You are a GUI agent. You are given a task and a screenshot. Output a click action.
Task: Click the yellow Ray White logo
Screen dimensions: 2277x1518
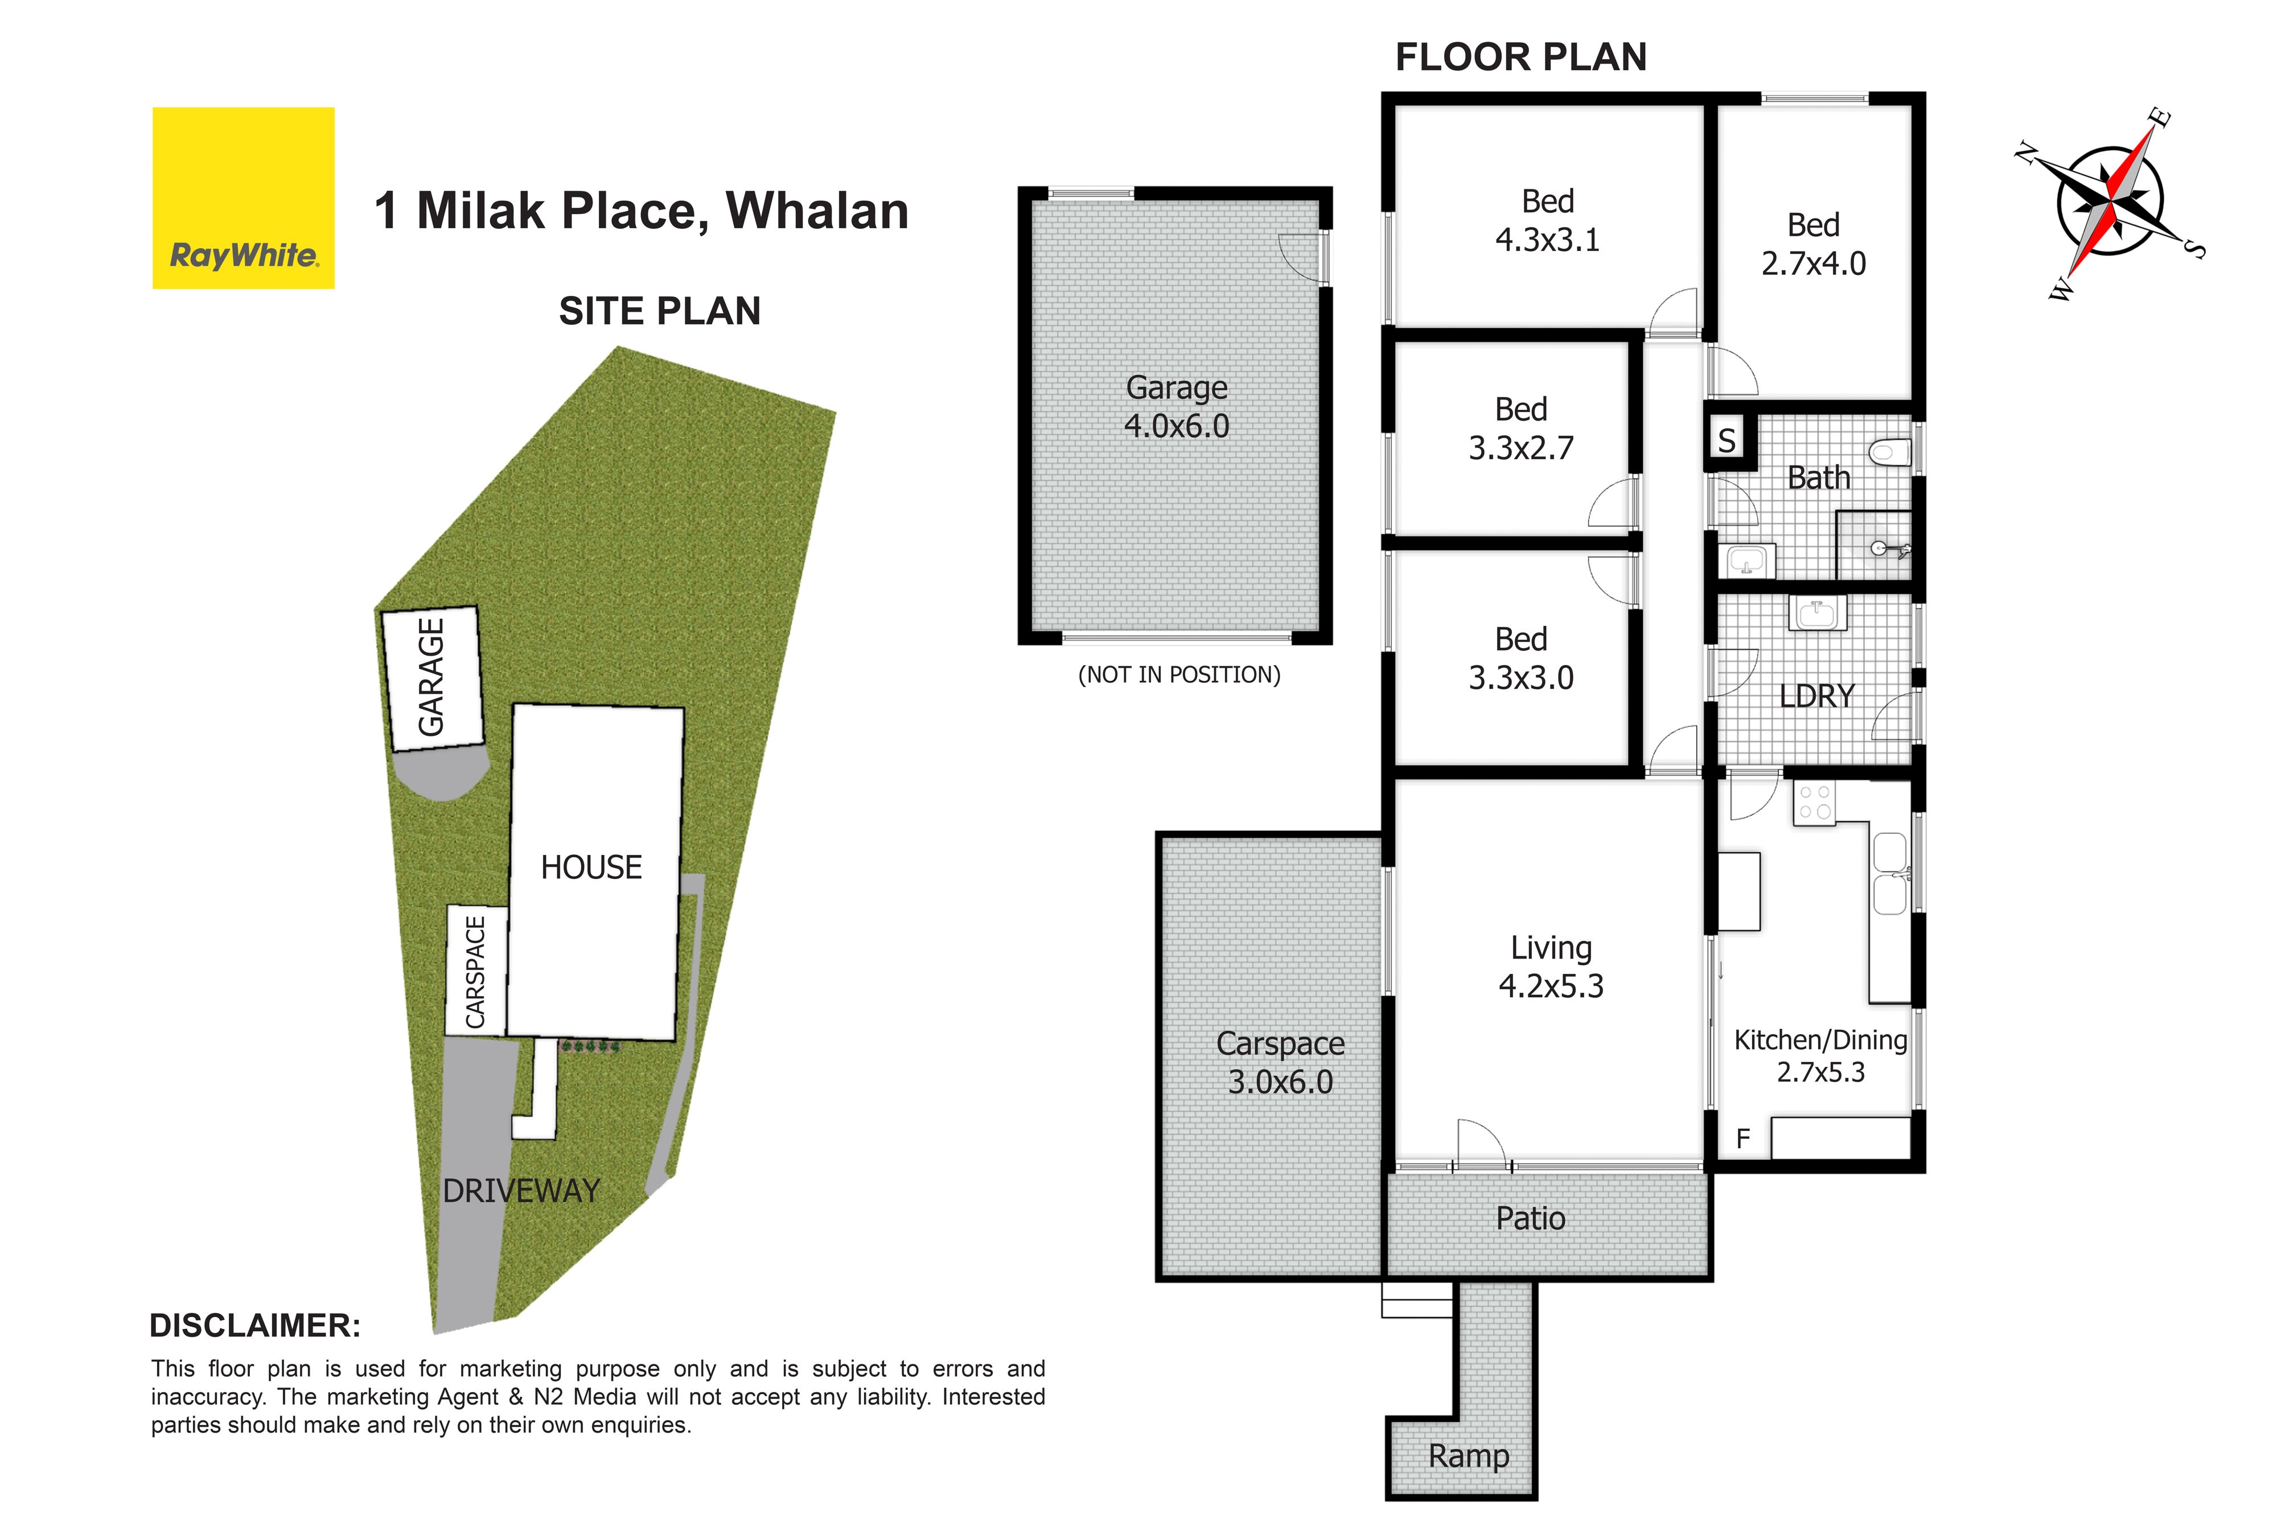pyautogui.click(x=243, y=198)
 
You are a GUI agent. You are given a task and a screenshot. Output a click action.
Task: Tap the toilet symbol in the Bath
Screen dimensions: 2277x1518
pyautogui.click(x=1890, y=452)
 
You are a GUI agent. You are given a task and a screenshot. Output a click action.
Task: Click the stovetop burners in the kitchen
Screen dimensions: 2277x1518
pyautogui.click(x=1814, y=803)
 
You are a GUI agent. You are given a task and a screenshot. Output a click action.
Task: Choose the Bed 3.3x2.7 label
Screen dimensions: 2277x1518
pyautogui.click(x=1521, y=428)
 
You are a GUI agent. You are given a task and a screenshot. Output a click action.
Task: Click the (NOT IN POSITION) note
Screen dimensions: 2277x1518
pyautogui.click(x=1179, y=675)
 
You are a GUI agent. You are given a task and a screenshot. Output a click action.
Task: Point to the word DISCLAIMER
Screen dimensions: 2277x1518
pyautogui.click(x=254, y=1326)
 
